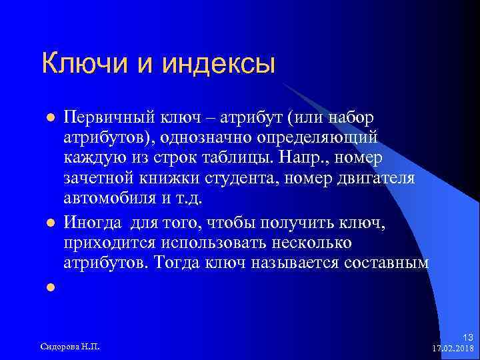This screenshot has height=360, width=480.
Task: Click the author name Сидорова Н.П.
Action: pyautogui.click(x=75, y=347)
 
